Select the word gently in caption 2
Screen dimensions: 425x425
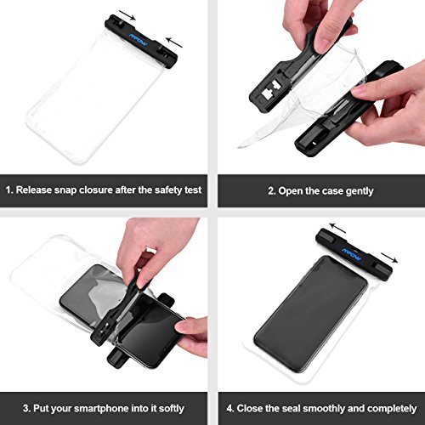360,191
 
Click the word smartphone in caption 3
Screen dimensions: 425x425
102,409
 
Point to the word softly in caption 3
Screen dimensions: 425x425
171,408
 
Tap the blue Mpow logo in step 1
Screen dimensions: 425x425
139,40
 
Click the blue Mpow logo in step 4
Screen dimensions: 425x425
351,254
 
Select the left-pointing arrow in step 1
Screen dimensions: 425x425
174,42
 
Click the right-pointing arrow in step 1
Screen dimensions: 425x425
127,15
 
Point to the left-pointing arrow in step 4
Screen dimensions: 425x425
337,228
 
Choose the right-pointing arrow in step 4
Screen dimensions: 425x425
389,258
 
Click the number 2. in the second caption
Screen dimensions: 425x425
272,191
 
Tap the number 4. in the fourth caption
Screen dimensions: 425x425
230,409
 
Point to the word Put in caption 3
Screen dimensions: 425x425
41,408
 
